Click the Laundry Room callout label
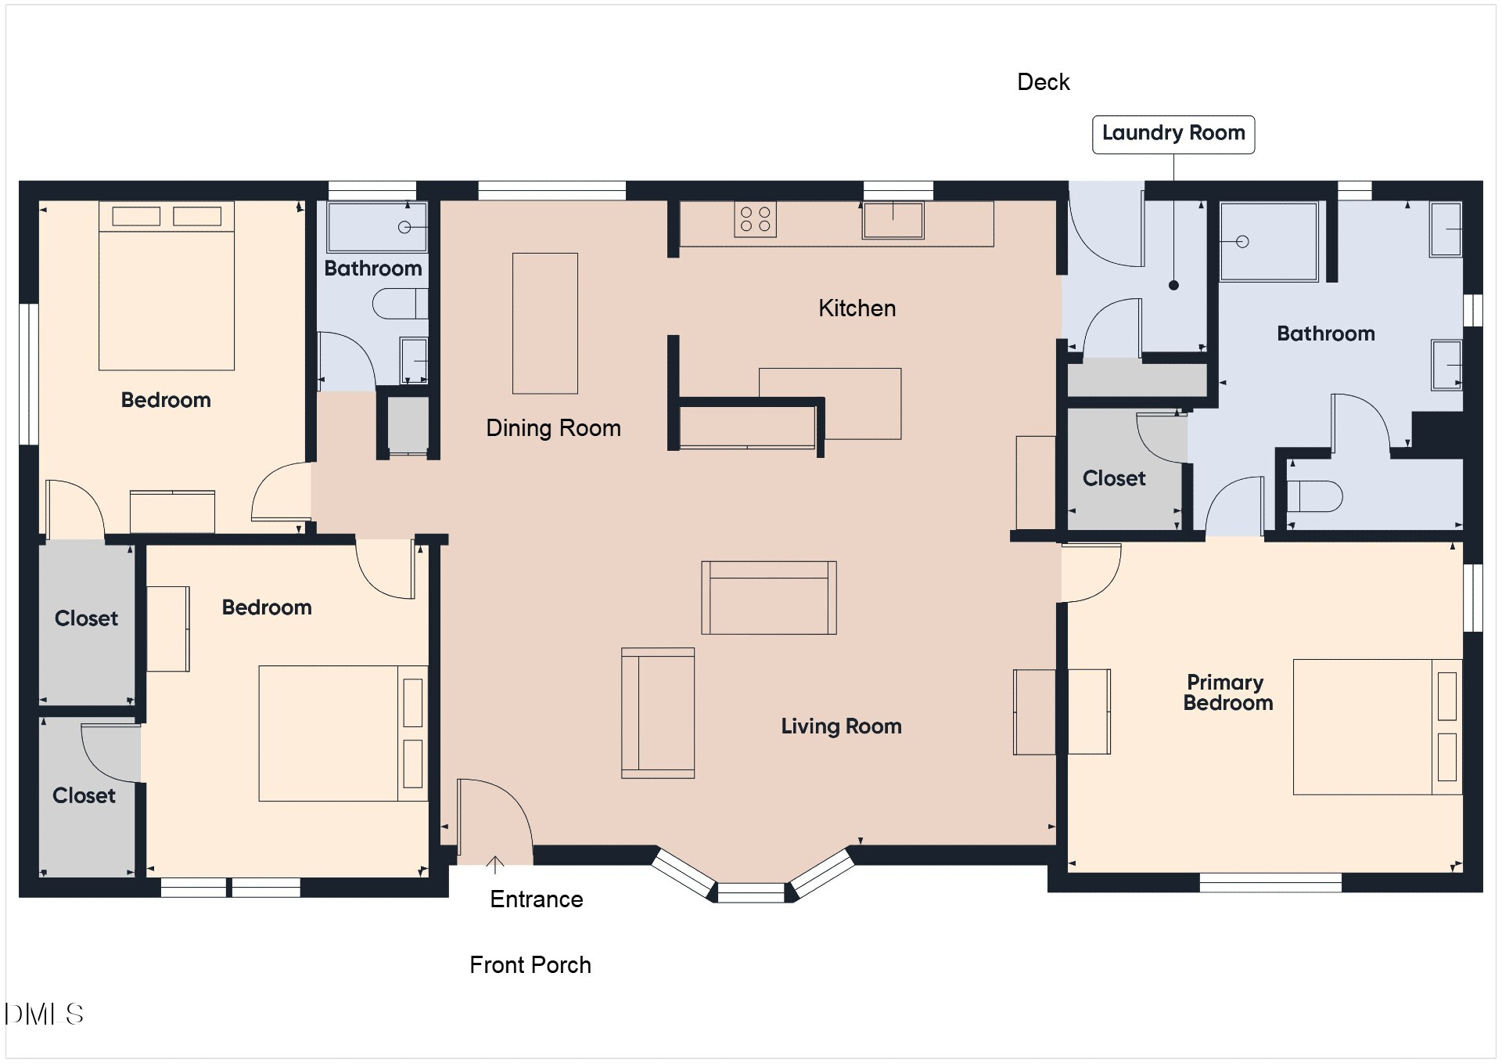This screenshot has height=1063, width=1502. (x=1173, y=135)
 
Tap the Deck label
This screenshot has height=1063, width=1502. (x=1043, y=82)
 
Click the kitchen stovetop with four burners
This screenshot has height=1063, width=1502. (x=755, y=219)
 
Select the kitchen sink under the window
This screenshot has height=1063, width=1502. (x=893, y=220)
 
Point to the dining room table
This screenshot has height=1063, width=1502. (x=545, y=323)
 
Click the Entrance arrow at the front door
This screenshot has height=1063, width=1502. (x=494, y=864)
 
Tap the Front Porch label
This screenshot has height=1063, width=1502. (x=530, y=965)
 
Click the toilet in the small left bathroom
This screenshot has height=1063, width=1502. (x=400, y=304)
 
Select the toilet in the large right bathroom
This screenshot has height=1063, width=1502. (x=1314, y=496)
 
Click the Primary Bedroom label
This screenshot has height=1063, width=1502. (x=1227, y=693)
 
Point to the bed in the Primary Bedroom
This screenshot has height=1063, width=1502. (x=1377, y=727)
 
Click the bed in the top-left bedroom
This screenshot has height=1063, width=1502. (x=167, y=286)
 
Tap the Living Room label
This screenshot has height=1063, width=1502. (x=841, y=726)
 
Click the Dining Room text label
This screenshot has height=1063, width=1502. (x=553, y=428)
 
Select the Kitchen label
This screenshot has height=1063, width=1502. (x=857, y=308)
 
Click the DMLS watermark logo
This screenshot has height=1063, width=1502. (x=44, y=1014)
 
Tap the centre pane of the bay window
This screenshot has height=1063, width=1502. (x=751, y=892)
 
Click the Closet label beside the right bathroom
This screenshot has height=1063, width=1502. (x=1114, y=478)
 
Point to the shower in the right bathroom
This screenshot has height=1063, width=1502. (x=1269, y=242)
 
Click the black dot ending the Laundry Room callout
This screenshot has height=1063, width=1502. (x=1173, y=286)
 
